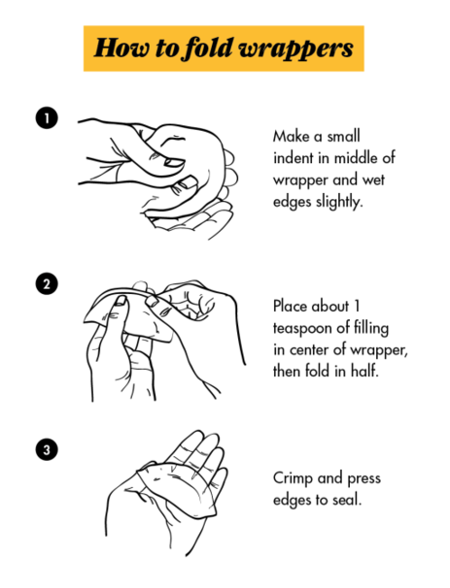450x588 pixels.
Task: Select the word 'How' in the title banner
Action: [x=121, y=48]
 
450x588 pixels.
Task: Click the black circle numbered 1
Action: [x=47, y=118]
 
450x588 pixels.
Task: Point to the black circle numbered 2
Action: [x=47, y=284]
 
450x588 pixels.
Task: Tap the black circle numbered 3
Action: [x=47, y=449]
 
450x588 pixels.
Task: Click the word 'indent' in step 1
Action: [x=293, y=158]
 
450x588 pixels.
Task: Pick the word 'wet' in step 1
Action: [x=373, y=180]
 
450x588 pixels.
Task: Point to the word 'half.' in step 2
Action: [x=364, y=371]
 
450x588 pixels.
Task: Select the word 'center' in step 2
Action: [x=309, y=350]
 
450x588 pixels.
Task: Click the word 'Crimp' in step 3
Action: [x=293, y=479]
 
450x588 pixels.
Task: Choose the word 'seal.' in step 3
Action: [x=347, y=500]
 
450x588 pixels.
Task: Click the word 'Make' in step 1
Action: [x=292, y=136]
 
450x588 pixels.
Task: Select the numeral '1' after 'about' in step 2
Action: [x=357, y=306]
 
